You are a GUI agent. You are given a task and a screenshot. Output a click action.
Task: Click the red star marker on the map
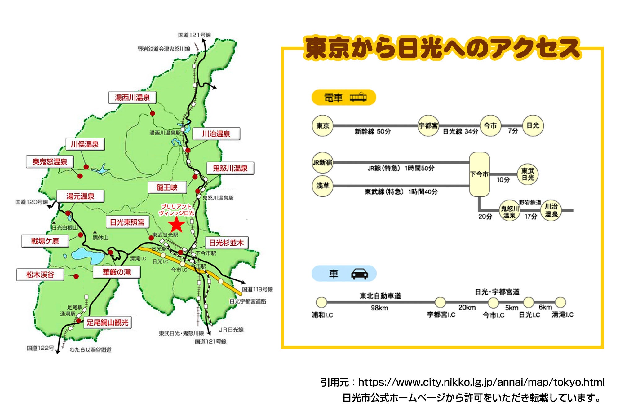tap(176, 225)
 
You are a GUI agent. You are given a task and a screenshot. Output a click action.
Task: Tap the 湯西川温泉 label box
tap(132, 98)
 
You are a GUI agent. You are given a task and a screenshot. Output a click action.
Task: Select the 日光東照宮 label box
tap(127, 222)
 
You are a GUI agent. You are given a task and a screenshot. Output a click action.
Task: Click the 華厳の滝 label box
tap(117, 272)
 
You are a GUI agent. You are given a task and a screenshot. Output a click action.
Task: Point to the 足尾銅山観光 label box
tap(107, 323)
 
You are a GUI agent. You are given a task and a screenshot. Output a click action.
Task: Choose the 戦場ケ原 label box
tap(45, 241)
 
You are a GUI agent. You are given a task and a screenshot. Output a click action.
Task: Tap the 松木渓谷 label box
tap(40, 275)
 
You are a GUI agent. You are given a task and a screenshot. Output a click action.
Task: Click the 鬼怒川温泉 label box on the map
tap(230, 168)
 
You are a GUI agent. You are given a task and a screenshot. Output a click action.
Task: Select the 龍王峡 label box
tap(167, 187)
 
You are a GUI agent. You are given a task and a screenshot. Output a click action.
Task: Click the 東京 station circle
tap(322, 126)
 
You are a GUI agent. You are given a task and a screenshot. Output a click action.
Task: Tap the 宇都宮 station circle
tap(428, 126)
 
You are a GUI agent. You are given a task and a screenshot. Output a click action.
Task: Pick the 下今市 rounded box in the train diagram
tap(479, 174)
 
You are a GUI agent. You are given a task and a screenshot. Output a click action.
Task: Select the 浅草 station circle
tap(322, 186)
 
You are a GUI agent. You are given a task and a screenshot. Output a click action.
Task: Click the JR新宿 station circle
tap(322, 162)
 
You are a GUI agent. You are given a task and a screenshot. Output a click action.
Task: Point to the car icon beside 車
tap(360, 274)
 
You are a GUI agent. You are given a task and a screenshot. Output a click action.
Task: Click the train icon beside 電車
tap(358, 97)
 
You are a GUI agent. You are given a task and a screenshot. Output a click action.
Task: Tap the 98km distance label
tap(379, 308)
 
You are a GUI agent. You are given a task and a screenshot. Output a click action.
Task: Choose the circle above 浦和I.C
tap(321, 302)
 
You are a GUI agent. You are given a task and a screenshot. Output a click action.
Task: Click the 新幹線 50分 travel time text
tap(373, 131)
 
